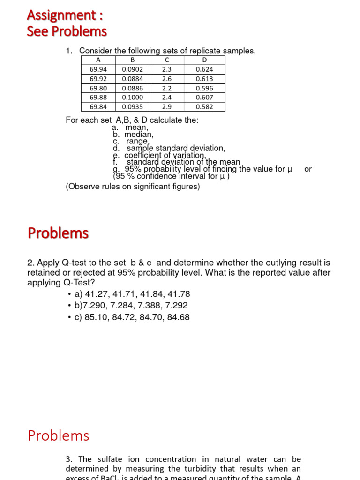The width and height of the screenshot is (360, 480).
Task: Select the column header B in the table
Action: (132, 60)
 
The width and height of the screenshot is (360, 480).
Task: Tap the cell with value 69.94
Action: (98, 69)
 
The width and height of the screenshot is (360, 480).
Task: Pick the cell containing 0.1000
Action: (132, 97)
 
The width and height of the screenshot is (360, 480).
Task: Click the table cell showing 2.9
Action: (167, 107)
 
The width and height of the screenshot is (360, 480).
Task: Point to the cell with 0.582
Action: (204, 107)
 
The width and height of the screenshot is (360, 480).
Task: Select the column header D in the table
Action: (204, 60)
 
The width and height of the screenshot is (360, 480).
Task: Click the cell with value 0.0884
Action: (132, 79)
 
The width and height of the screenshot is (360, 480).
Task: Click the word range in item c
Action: (137, 141)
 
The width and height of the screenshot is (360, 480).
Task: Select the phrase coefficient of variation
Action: (165, 155)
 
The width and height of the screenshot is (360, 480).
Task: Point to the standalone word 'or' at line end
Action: (308, 169)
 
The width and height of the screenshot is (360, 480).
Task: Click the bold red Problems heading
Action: (58, 233)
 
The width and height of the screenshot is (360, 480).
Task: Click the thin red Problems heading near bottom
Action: (58, 435)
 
